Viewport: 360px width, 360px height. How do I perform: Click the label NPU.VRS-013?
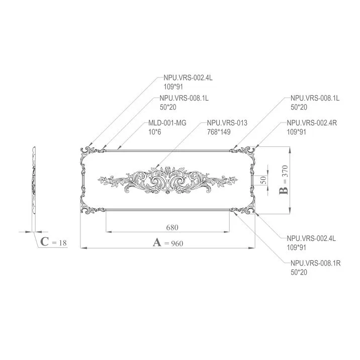click(227, 123)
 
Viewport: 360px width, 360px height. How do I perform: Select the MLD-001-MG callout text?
click(167, 123)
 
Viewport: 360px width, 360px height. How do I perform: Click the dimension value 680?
click(172, 227)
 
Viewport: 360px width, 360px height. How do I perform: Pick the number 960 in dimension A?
click(174, 243)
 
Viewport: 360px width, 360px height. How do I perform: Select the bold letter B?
click(284, 191)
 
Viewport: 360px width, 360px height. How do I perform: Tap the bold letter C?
click(45, 242)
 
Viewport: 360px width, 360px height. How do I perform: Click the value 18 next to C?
click(63, 243)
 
